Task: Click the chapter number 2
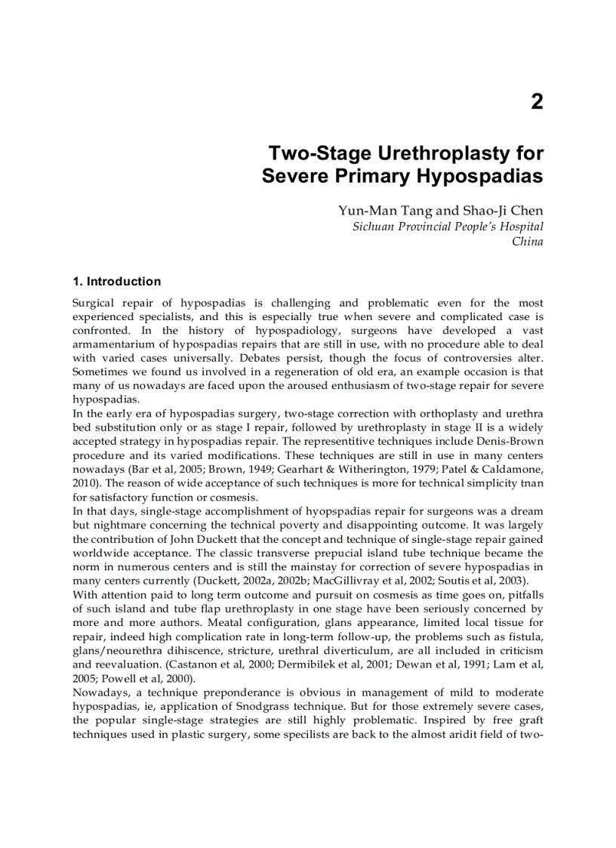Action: pyautogui.click(x=537, y=102)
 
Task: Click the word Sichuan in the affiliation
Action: pyautogui.click(x=374, y=227)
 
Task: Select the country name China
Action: pyautogui.click(x=528, y=242)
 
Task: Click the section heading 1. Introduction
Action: pyautogui.click(x=116, y=282)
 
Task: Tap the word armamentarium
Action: pyautogui.click(x=113, y=344)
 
